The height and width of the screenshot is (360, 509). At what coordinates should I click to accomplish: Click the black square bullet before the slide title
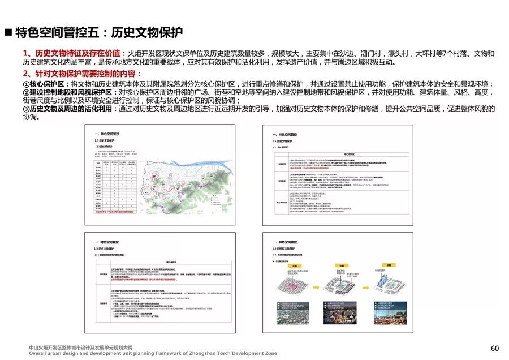8,32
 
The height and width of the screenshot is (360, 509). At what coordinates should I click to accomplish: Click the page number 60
495,348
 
